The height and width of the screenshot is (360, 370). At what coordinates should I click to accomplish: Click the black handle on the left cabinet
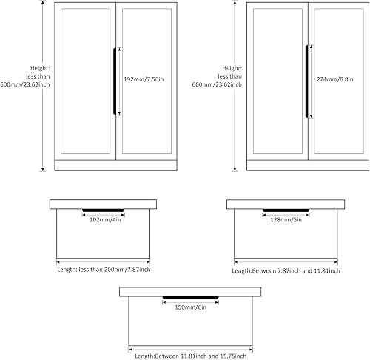pyautogui.click(x=113, y=81)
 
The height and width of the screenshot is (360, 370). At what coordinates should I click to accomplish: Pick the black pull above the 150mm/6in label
pyautogui.click(x=192, y=298)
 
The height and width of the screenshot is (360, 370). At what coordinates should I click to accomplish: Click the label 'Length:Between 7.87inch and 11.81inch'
pyautogui.click(x=286, y=270)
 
